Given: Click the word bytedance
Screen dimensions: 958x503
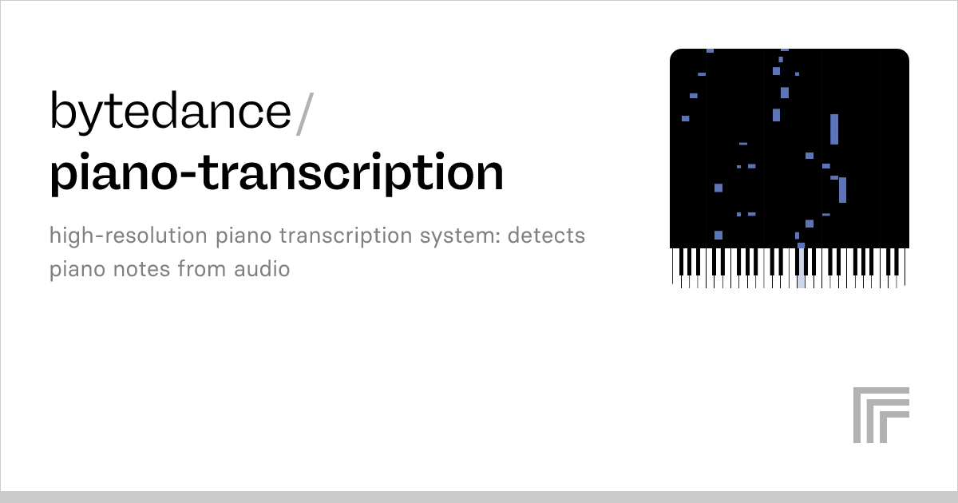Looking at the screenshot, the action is pyautogui.click(x=171, y=110).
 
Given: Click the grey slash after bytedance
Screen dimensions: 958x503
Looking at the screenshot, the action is pyautogui.click(x=305, y=113).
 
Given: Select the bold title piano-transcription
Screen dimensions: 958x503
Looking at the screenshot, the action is pyautogui.click(x=277, y=173).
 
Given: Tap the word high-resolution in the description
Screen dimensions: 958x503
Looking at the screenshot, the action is pyautogui.click(x=129, y=236).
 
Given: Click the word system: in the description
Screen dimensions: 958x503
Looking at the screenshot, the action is pyautogui.click(x=460, y=236).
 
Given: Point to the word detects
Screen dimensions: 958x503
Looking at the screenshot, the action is pyautogui.click(x=546, y=236).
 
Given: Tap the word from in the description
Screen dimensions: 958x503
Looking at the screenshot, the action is pyautogui.click(x=201, y=269).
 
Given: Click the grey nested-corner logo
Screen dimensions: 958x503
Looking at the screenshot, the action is pyautogui.click(x=881, y=414).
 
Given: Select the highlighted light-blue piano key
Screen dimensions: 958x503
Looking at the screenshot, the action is pyautogui.click(x=801, y=268).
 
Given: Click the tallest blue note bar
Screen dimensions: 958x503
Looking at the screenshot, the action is pyautogui.click(x=834, y=129).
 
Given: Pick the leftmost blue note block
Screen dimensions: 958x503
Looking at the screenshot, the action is pyautogui.click(x=685, y=118).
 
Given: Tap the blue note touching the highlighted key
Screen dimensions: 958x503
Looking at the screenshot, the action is pyautogui.click(x=801, y=246).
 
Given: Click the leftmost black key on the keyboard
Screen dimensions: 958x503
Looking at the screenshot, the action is pyautogui.click(x=682, y=262).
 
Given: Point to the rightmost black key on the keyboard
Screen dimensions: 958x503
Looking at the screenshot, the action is pyautogui.click(x=897, y=262).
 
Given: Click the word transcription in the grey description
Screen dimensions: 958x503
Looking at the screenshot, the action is pyautogui.click(x=346, y=236).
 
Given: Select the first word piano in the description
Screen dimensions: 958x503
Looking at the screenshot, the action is pyautogui.click(x=243, y=236).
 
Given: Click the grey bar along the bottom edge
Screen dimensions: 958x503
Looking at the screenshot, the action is pyautogui.click(x=479, y=497).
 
